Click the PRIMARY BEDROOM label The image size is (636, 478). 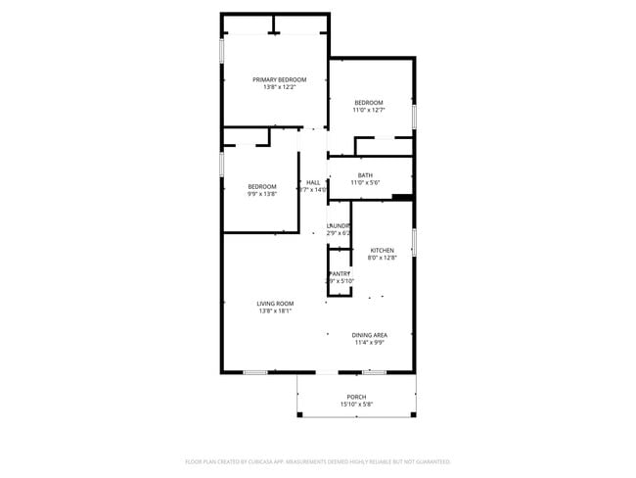pos(279,79)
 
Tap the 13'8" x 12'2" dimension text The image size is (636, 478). pos(279,87)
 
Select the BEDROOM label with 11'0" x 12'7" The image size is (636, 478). pos(368,103)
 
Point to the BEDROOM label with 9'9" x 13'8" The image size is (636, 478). pos(262,186)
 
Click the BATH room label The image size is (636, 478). pos(365,175)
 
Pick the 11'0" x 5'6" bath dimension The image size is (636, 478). pos(365,183)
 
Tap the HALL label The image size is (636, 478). pos(313,182)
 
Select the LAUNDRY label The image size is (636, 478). pos(339,225)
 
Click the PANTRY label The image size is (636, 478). pos(339,273)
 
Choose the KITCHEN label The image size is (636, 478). pos(382,251)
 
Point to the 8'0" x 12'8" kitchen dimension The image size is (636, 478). pos(382,259)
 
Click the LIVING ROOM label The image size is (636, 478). pos(276,304)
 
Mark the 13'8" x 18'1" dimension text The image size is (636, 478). pos(276,311)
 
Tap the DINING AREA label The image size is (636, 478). pos(370,335)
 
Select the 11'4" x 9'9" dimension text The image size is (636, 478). pos(370,343)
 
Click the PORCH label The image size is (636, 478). pos(356,397)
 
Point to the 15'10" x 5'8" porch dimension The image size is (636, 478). pos(356,405)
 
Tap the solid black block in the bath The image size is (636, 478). pos(401,198)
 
